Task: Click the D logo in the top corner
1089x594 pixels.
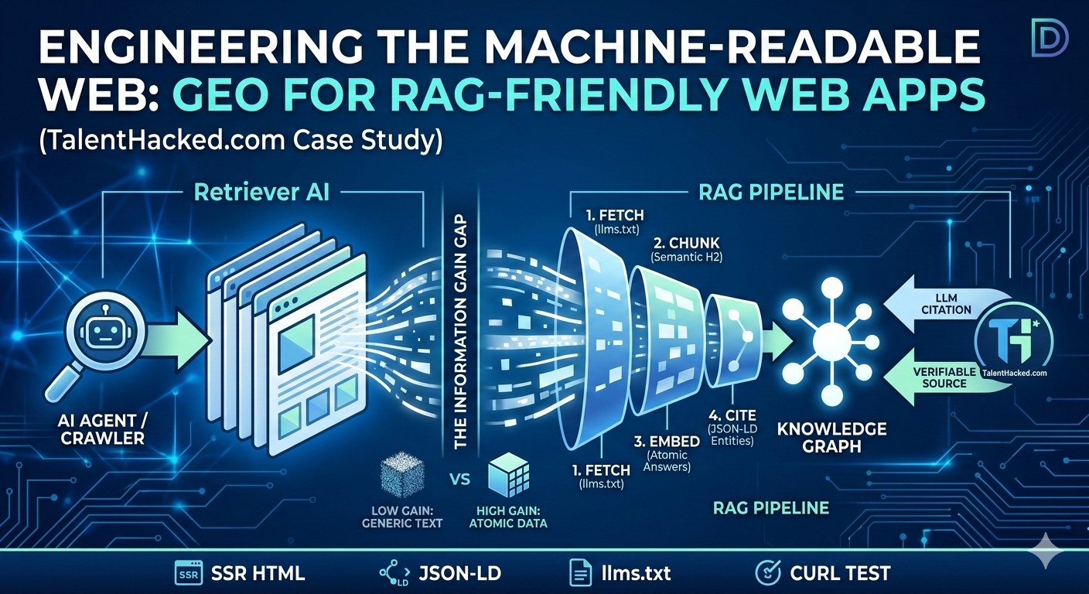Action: pyautogui.click(x=1050, y=38)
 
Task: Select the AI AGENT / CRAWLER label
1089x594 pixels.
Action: pyautogui.click(x=102, y=429)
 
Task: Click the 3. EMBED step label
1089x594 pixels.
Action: pyautogui.click(x=667, y=449)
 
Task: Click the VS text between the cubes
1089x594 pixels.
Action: pyautogui.click(x=459, y=480)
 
